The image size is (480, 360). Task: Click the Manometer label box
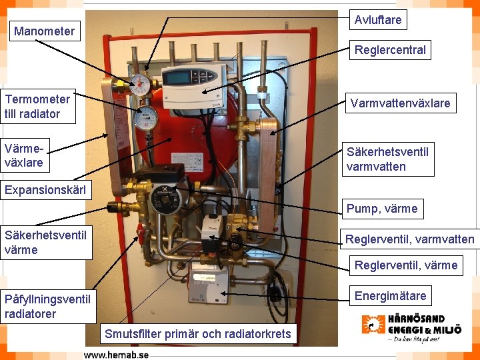pyautogui.click(x=44, y=31)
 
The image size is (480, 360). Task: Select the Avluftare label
pyautogui.click(x=378, y=20)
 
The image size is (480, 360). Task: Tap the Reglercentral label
pyautogui.click(x=390, y=50)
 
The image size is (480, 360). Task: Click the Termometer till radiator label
pyautogui.click(x=37, y=107)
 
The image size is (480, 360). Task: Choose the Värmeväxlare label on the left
pyautogui.click(x=24, y=154)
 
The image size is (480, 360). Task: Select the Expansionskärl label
pyautogui.click(x=45, y=190)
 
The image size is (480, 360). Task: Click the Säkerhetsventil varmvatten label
pyautogui.click(x=387, y=159)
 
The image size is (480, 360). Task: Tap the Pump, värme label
pyautogui.click(x=382, y=209)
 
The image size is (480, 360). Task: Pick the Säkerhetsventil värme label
pyautogui.click(x=45, y=242)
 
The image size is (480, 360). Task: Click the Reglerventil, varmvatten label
pyautogui.click(x=409, y=239)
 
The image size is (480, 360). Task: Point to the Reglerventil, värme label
pyautogui.click(x=406, y=265)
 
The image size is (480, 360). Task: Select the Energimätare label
pyautogui.click(x=390, y=295)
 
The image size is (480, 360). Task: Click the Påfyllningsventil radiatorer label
pyautogui.click(x=47, y=306)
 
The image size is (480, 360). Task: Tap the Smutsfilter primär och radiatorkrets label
pyautogui.click(x=197, y=333)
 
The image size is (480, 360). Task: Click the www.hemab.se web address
pyautogui.click(x=116, y=354)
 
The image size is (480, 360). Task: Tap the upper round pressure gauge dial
pyautogui.click(x=141, y=83)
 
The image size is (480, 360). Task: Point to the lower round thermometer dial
pyautogui.click(x=145, y=119)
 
